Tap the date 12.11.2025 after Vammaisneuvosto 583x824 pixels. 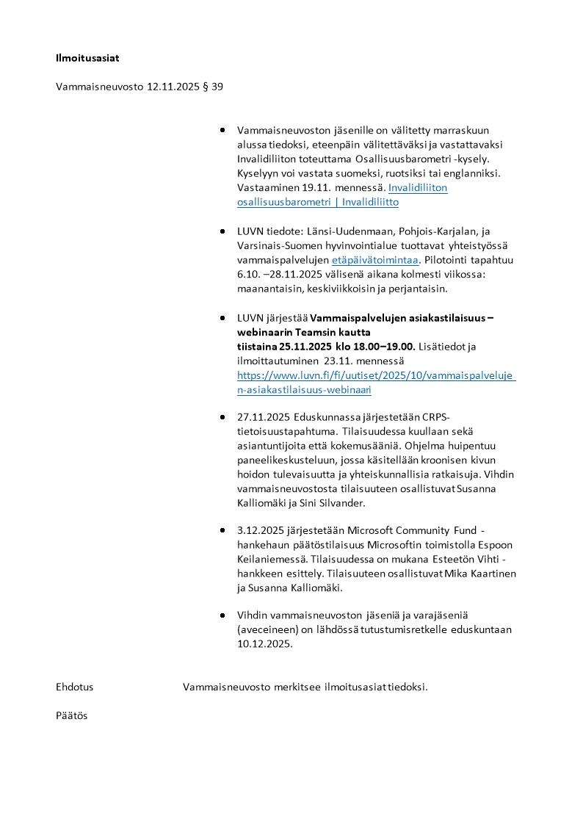pos(173,87)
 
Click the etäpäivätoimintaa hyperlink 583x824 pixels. pos(374,260)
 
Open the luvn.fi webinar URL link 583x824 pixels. pos(375,383)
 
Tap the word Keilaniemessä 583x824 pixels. pos(271,559)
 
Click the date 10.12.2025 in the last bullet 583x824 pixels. pos(264,644)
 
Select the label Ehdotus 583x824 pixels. pos(75,687)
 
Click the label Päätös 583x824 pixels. pos(72,715)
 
